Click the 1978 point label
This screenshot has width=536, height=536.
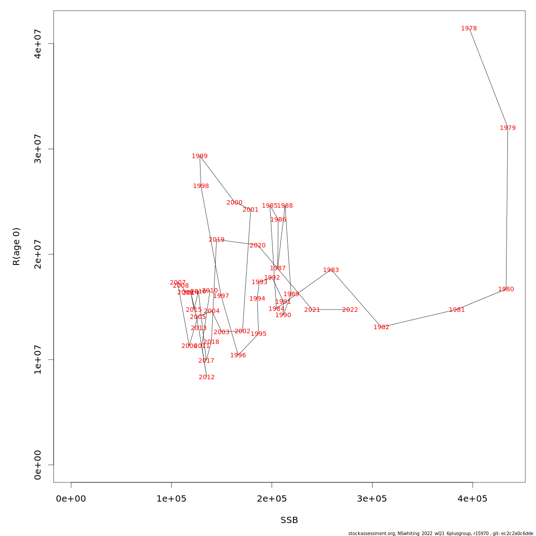coord(469,29)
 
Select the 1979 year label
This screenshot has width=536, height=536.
coord(507,128)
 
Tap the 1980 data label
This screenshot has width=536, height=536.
coord(506,289)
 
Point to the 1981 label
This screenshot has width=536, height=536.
coord(456,310)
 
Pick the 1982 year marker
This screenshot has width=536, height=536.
coord(381,327)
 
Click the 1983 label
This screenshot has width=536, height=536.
coord(331,270)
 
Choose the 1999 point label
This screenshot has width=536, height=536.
coord(199,156)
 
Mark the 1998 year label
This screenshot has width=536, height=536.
coord(201,186)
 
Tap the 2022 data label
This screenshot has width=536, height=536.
coord(350,310)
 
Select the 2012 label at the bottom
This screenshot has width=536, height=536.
coord(206,377)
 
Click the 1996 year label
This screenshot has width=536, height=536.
coord(238,356)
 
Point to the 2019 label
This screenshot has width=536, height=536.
coord(217,240)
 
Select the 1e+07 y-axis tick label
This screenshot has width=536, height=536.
coord(38,360)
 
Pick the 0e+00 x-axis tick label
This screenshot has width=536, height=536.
coord(71,498)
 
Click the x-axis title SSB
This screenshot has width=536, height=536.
coord(289,520)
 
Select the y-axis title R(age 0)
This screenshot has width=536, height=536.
coord(17,247)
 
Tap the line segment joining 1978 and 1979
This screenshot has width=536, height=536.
coord(488,78)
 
